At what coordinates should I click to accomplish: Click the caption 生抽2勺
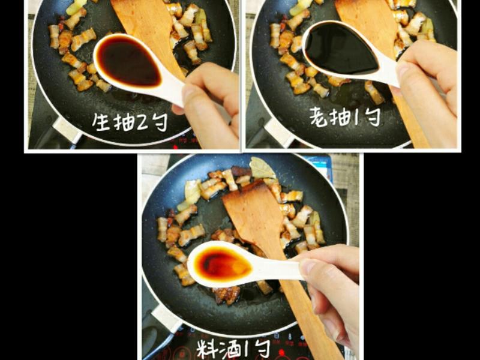coord(130,122)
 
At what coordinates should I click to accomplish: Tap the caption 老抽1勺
coord(344,116)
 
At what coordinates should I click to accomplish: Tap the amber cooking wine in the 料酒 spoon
coord(220,264)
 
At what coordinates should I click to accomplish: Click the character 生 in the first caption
coord(101,122)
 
